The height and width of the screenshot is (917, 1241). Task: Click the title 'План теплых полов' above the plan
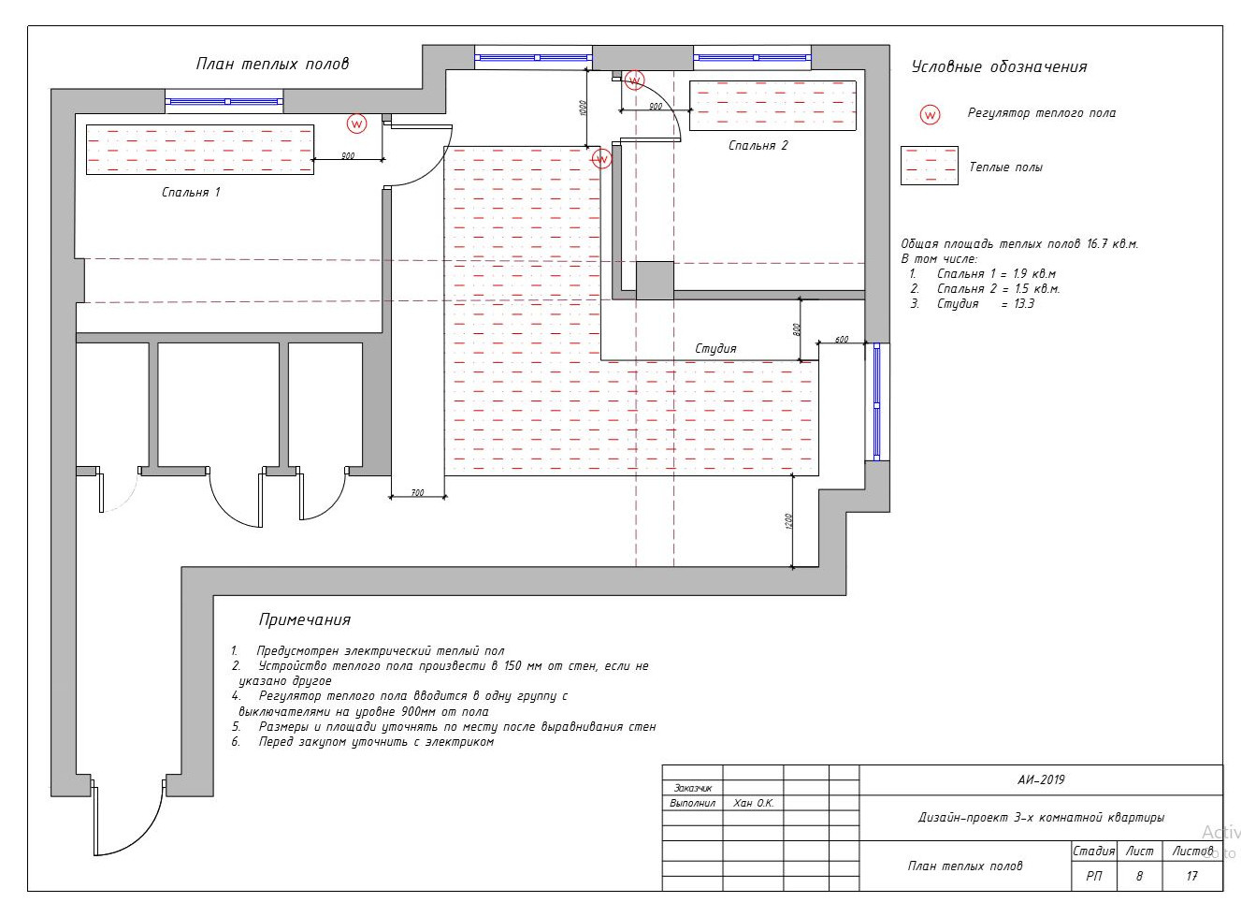point(272,64)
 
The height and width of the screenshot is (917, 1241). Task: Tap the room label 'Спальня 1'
point(191,193)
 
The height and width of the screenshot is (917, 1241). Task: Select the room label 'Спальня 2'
point(758,146)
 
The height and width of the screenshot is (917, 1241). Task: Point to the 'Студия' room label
point(715,349)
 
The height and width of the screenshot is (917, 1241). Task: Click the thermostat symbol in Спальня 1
point(357,124)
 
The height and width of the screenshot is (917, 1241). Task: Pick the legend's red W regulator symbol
point(930,115)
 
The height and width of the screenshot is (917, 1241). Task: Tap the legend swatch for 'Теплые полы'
point(930,166)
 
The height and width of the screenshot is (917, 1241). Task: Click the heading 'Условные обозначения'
point(1000,67)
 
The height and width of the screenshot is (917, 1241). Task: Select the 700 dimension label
point(417,492)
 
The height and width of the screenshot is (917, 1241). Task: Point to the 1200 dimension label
point(789,521)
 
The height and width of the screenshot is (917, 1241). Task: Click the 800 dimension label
point(797,329)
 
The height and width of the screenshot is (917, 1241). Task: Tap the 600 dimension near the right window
point(842,340)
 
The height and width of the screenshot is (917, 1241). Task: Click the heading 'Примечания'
point(305,619)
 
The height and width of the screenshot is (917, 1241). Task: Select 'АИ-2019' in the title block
point(1041,779)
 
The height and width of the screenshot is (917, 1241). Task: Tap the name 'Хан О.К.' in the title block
point(753,804)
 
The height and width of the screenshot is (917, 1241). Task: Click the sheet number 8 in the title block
point(1139,876)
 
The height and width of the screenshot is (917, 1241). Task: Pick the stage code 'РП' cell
point(1094,876)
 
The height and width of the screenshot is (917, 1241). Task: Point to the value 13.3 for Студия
point(1024,304)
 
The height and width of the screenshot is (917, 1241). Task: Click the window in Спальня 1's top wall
point(224,101)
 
